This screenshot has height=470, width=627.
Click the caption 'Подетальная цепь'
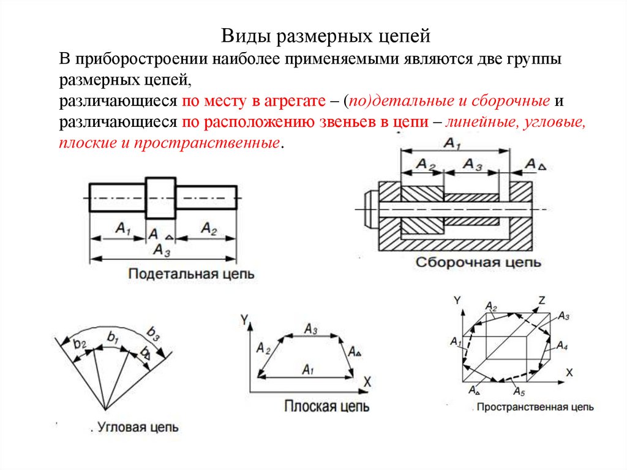pyautogui.click(x=192, y=275)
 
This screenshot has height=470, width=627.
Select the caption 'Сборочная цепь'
pyautogui.click(x=479, y=262)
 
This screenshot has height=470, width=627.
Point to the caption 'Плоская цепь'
pyautogui.click(x=326, y=406)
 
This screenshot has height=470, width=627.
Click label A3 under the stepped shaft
pyautogui.click(x=162, y=250)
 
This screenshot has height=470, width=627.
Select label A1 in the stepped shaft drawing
pyautogui.click(x=122, y=229)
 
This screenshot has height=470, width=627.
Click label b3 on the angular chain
pyautogui.click(x=152, y=335)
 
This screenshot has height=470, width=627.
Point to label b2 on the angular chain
pyautogui.click(x=80, y=344)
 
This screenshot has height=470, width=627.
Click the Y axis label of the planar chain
pyautogui.click(x=244, y=319)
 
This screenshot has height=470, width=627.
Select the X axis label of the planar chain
pyautogui.click(x=367, y=382)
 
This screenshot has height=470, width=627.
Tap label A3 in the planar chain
pyautogui.click(x=310, y=330)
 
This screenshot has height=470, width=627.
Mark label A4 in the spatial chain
pyautogui.click(x=562, y=347)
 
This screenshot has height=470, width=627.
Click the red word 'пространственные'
pyautogui.click(x=235, y=143)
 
